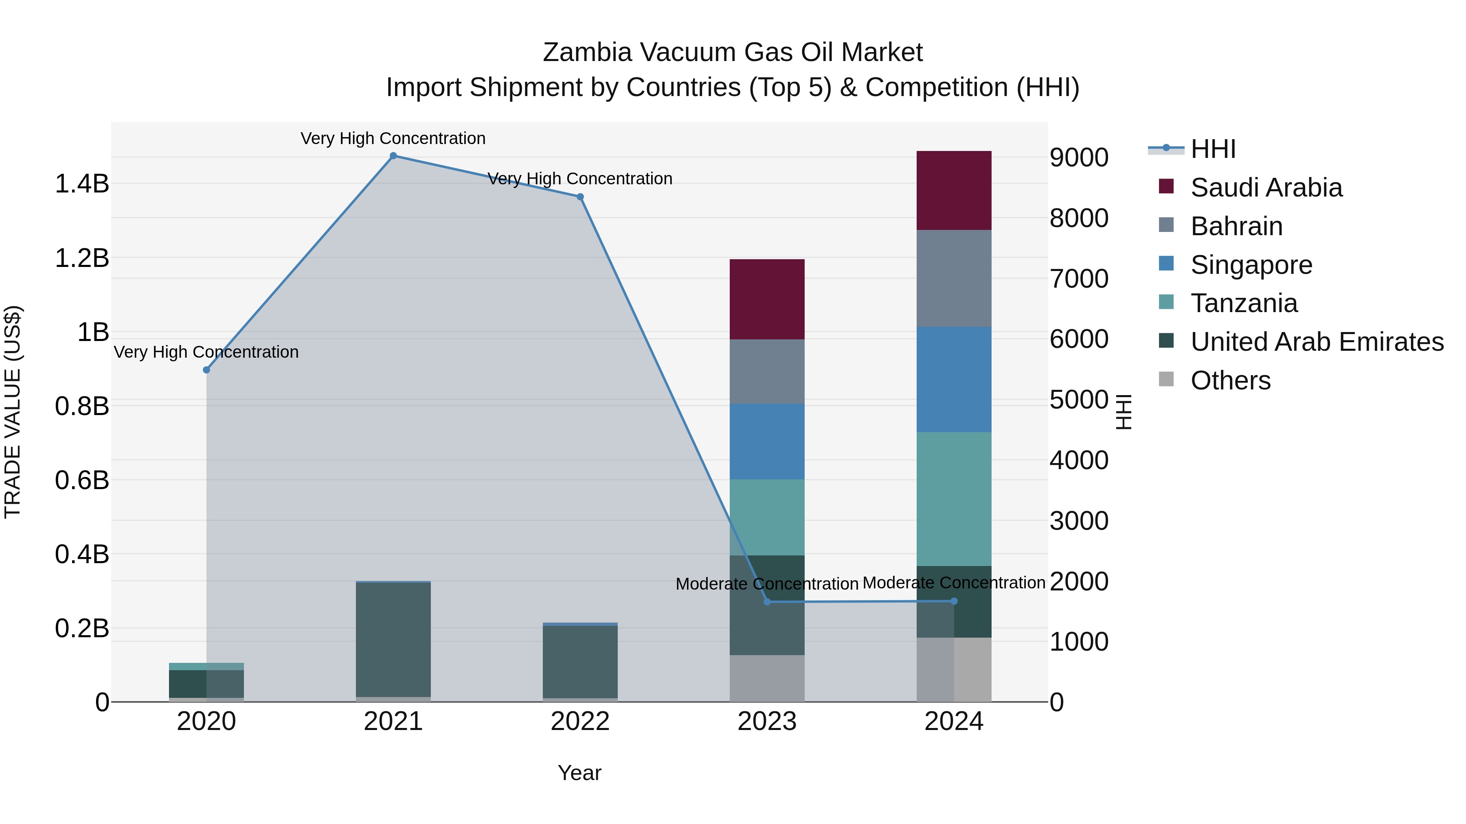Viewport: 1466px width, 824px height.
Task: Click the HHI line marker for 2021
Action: [x=393, y=156]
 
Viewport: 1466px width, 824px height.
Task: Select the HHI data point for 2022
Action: [x=580, y=197]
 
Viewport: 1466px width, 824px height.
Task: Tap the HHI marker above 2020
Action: [x=206, y=370]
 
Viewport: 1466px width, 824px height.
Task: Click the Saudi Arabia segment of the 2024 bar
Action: [x=954, y=190]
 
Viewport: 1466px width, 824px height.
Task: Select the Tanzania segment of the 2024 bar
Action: [x=954, y=499]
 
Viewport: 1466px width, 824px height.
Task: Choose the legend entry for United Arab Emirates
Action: [x=1317, y=342]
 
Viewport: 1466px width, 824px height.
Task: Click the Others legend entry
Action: [x=1230, y=380]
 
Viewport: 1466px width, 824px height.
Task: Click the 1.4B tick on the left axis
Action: [x=82, y=184]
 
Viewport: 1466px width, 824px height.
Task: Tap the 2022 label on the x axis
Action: [x=580, y=721]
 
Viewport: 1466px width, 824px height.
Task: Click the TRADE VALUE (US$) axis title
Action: [x=13, y=412]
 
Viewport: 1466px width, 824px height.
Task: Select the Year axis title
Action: [x=579, y=773]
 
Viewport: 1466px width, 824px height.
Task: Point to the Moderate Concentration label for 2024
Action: [x=954, y=583]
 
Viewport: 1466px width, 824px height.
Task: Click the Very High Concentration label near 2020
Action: [x=206, y=352]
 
